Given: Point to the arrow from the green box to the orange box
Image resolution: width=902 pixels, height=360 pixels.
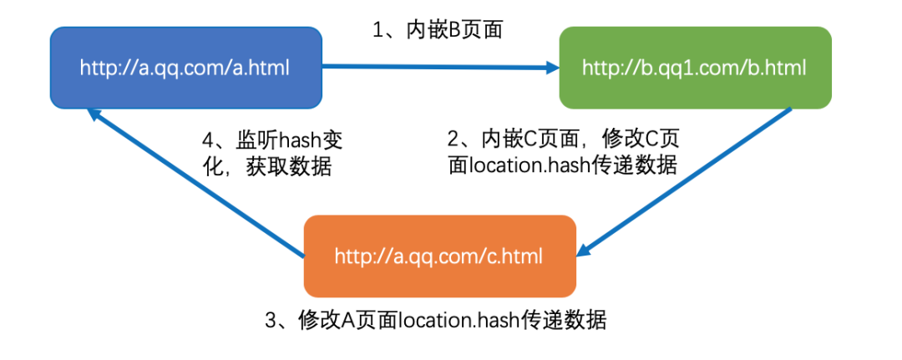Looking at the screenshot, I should tap(685, 180).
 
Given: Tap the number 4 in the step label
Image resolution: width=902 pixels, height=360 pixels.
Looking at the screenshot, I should tap(210, 139).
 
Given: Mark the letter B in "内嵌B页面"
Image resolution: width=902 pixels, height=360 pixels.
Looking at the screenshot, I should tap(456, 30).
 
